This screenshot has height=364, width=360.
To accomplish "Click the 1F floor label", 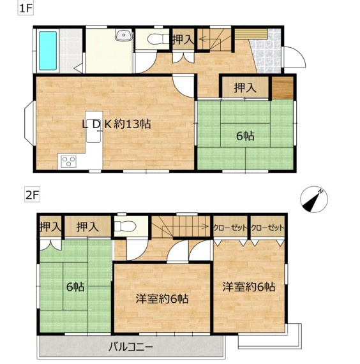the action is (x=26, y=8).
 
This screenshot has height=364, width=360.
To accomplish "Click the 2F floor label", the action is (x=32, y=195).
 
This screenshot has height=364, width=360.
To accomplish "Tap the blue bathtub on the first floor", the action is (x=48, y=50).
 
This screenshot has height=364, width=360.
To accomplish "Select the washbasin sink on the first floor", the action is (x=124, y=35).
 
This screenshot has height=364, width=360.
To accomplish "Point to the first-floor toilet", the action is (x=158, y=38).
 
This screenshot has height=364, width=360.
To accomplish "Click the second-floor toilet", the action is (x=125, y=226).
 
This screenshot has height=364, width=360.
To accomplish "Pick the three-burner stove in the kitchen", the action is (x=68, y=161).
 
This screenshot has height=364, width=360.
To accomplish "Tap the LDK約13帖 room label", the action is (x=116, y=124).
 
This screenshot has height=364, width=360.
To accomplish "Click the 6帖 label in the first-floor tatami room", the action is (x=245, y=136).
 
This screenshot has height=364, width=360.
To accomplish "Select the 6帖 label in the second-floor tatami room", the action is (x=75, y=287).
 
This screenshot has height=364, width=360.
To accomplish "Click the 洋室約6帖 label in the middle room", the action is (x=162, y=299).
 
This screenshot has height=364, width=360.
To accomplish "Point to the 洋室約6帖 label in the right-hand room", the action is (x=249, y=287).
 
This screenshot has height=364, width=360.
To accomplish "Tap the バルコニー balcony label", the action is (x=131, y=347).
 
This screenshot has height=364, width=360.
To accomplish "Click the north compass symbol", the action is (x=314, y=199).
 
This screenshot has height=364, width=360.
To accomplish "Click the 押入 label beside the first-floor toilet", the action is (x=183, y=39).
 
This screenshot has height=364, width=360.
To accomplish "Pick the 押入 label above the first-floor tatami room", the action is (x=245, y=88).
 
